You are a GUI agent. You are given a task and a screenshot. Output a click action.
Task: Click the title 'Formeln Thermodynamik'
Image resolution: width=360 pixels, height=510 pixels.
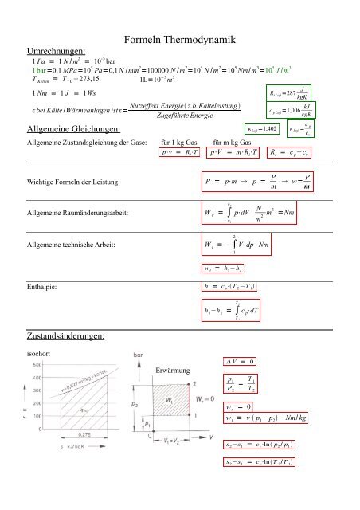click(180, 40)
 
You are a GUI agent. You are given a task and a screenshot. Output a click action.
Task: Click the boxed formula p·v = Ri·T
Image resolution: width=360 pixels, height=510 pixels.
click(178, 151)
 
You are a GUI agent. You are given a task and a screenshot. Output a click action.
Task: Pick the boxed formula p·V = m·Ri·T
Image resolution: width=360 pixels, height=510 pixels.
click(237, 151)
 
